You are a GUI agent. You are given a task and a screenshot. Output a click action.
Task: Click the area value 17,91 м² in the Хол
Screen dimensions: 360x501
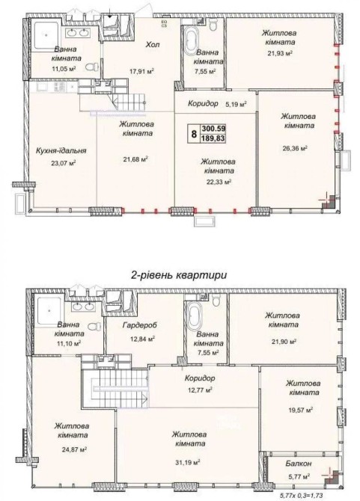[142, 71]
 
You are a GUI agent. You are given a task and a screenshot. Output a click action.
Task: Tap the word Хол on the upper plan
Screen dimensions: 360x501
[152, 44]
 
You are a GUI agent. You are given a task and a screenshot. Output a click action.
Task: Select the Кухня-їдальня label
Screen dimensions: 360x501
[61, 150]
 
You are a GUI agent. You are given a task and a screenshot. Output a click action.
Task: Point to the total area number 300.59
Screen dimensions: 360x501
[213, 129]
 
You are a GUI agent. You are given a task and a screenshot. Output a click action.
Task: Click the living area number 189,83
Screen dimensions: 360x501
[213, 138]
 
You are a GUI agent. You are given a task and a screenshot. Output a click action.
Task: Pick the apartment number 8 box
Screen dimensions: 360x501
[194, 134]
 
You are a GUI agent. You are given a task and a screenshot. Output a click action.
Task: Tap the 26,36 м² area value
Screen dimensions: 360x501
[295, 148]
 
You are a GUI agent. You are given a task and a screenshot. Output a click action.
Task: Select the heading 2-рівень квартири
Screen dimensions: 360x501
[179, 275]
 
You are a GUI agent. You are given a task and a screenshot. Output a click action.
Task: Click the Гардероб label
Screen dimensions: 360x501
[140, 325]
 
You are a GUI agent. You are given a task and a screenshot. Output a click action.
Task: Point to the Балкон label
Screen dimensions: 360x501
[299, 464]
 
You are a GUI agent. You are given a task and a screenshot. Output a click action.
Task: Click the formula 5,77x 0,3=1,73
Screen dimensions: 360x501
[302, 495]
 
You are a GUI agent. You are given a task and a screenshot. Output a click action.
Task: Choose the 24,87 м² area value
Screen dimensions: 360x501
[74, 449]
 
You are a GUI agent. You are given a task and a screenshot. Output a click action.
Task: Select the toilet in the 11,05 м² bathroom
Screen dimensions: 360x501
[92, 67]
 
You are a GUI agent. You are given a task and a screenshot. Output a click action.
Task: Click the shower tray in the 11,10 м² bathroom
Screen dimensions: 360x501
[49, 310]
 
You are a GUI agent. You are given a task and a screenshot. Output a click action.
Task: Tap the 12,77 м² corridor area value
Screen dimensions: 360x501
[200, 390]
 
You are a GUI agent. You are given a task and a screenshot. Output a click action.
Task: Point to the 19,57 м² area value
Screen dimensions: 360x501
[300, 410]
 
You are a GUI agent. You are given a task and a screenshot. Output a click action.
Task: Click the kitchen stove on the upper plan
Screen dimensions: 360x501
[59, 86]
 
